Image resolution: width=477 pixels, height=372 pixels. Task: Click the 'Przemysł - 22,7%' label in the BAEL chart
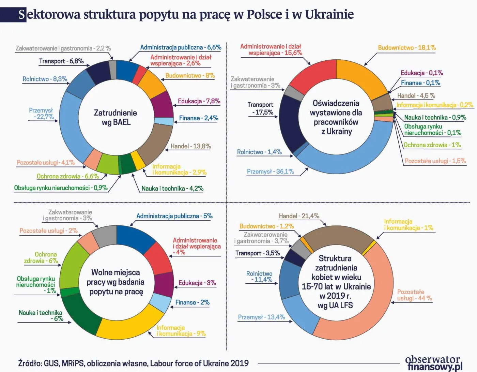[41, 114]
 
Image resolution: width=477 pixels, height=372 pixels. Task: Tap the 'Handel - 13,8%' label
[190, 146]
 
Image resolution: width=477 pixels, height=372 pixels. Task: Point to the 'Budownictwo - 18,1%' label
[406, 48]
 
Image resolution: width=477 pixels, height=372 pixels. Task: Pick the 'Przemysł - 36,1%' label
[270, 172]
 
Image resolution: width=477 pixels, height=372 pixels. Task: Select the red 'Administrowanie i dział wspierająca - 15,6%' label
[271, 49]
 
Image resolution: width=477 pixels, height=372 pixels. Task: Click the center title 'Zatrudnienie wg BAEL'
[116, 117]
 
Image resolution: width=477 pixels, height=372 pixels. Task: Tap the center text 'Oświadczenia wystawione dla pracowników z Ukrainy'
[336, 117]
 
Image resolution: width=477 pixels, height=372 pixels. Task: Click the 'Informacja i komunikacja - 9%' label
[181, 331]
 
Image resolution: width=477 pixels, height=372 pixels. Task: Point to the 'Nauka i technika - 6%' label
[41, 315]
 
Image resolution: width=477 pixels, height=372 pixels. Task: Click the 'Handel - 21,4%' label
[299, 216]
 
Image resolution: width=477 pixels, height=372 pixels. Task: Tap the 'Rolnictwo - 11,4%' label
[259, 277]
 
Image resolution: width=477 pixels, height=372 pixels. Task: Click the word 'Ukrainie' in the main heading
[329, 14]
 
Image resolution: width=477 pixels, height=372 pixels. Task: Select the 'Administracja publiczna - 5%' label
[174, 216]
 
